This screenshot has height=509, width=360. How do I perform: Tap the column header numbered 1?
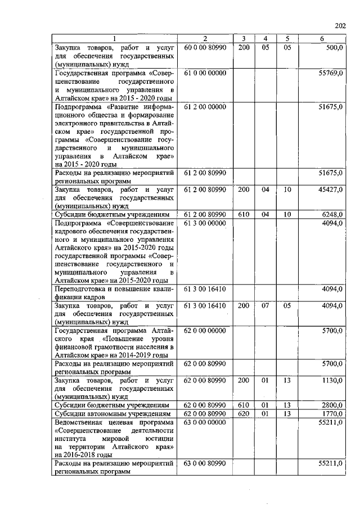click(115, 38)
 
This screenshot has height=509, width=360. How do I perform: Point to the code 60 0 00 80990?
click(205, 48)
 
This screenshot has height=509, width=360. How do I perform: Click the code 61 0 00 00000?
click(205, 73)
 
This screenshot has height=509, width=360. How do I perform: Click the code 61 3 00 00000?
click(205, 223)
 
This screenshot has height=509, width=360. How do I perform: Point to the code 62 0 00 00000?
click(205, 331)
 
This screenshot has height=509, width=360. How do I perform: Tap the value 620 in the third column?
click(243, 413)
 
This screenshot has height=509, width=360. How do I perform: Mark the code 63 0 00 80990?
click(205, 463)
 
